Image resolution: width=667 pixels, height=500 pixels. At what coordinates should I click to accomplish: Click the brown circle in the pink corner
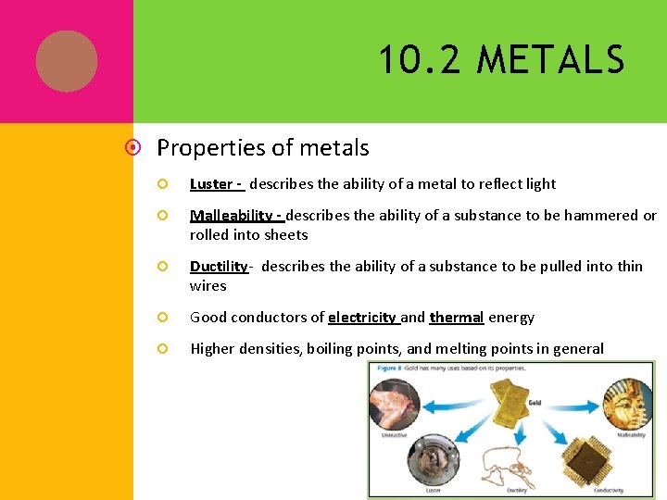[67, 61]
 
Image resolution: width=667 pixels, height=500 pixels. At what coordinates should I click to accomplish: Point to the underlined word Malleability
[233, 216]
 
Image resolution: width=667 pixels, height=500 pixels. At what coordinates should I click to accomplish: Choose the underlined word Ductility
[219, 267]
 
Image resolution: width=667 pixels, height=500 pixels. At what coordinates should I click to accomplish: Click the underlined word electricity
[361, 318]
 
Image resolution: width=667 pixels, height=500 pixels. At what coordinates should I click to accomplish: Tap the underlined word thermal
[456, 318]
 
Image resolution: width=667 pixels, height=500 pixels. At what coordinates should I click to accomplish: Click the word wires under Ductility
[208, 285]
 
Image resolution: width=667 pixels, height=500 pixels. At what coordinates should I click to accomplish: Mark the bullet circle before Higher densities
[160, 349]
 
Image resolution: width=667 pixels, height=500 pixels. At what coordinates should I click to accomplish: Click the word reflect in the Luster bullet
[497, 184]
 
